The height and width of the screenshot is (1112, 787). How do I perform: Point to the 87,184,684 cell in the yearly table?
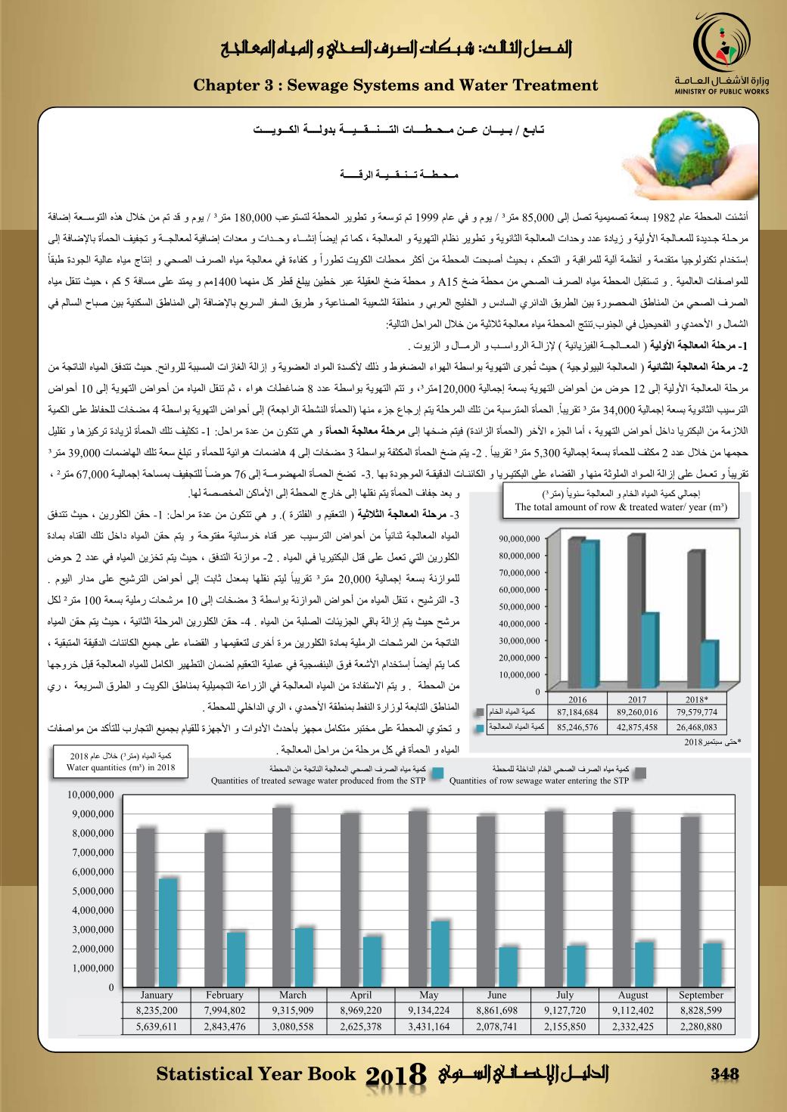point(577,712)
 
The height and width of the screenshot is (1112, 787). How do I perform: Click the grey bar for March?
point(282,897)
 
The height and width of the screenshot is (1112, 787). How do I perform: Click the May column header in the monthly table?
point(428,995)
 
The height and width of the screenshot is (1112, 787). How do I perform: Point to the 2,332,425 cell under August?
point(633,1026)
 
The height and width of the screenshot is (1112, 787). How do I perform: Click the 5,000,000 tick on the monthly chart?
point(92,891)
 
